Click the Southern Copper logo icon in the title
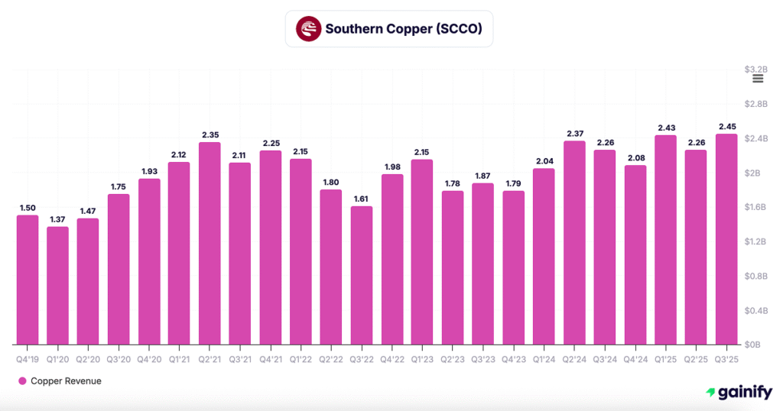308,29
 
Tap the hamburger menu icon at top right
758,78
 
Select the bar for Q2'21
210,243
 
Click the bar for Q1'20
57,285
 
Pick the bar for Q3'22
362,275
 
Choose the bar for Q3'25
726,239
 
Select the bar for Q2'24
574,242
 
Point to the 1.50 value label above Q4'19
27,208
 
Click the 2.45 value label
726,127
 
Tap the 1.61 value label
362,199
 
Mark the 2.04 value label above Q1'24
544,161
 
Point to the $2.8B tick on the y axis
755,104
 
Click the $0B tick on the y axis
753,345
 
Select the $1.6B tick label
755,207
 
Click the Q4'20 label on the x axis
149,358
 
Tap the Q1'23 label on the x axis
422,358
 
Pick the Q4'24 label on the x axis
635,358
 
